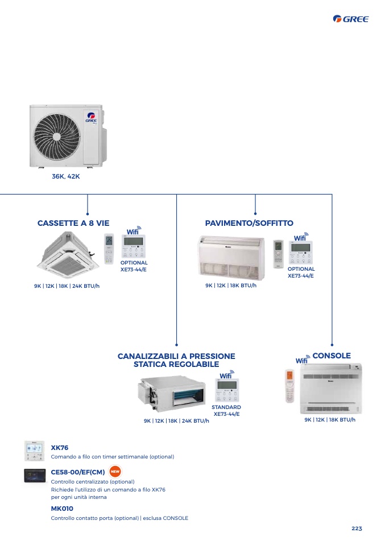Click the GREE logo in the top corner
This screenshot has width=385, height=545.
click(351, 19)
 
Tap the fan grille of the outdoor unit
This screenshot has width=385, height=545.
click(57, 136)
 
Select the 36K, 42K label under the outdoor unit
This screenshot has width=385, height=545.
click(65, 176)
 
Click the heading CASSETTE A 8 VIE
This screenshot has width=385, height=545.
click(73, 223)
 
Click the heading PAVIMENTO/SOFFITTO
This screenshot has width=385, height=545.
click(249, 223)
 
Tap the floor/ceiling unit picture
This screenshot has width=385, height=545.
click(231, 258)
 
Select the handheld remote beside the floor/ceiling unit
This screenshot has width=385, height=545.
click(278, 254)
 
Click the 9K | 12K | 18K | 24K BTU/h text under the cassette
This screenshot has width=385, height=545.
click(67, 286)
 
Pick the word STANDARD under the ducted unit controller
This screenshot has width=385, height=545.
click(226, 407)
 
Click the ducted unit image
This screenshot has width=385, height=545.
click(172, 393)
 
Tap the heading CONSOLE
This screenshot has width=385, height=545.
click(332, 356)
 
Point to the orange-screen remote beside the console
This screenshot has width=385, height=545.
click(290, 386)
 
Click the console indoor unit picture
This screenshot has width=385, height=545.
click(331, 389)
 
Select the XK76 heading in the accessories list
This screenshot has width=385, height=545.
click(59, 448)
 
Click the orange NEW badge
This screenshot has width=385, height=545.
click(115, 471)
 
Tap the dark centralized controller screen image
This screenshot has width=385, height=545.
click(35, 476)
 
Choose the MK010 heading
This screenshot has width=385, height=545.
click(62, 509)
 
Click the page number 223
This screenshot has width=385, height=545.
click(357, 529)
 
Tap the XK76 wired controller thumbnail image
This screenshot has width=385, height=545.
click(34, 451)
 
